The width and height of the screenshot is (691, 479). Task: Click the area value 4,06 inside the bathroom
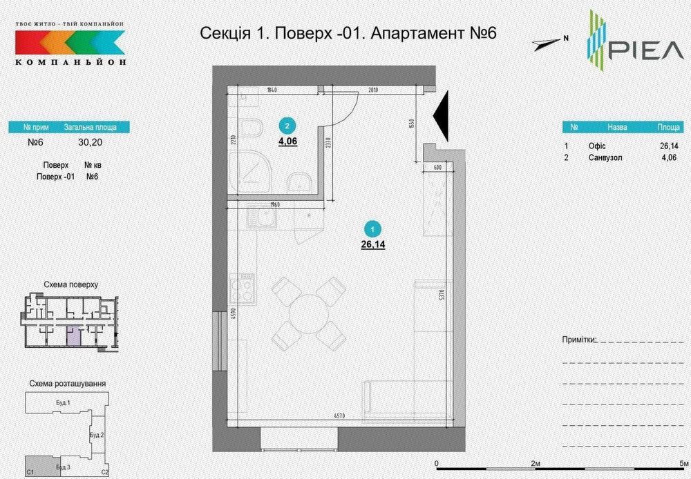[x=287, y=141]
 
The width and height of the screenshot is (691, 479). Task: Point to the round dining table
[x=308, y=313]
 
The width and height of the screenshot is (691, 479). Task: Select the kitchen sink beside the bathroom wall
[x=263, y=219]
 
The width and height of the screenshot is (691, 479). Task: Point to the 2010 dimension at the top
[x=374, y=90]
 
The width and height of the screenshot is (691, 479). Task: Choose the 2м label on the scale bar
[x=536, y=463]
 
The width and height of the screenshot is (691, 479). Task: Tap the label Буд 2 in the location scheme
[x=97, y=436]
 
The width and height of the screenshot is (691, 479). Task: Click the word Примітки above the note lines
[x=578, y=340]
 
